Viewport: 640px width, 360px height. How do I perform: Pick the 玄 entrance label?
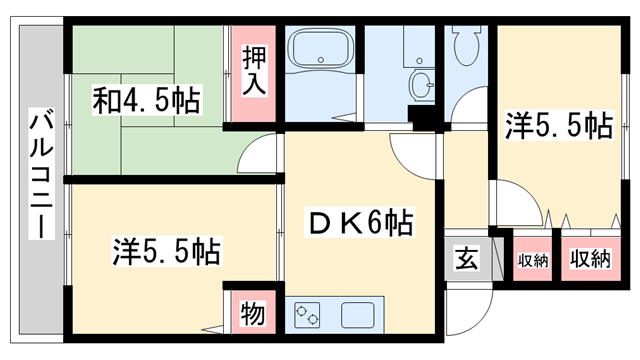tap(466, 260)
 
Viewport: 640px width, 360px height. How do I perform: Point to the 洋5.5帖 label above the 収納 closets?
tap(558, 126)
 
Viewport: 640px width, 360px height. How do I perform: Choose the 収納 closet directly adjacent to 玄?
tap(532, 261)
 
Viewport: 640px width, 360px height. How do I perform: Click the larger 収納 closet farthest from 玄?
tap(589, 260)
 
